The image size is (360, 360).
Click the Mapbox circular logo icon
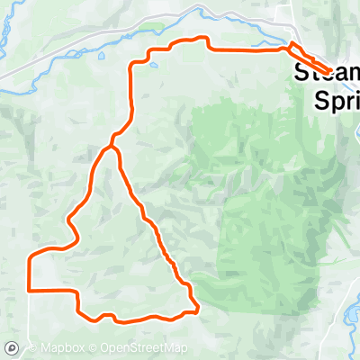[x=12, y=348]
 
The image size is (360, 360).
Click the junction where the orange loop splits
[x=112, y=144]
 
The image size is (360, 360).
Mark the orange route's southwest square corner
[x=31, y=290]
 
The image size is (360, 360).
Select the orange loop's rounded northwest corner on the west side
[x=32, y=256]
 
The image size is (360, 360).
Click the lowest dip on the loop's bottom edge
[x=121, y=320]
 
